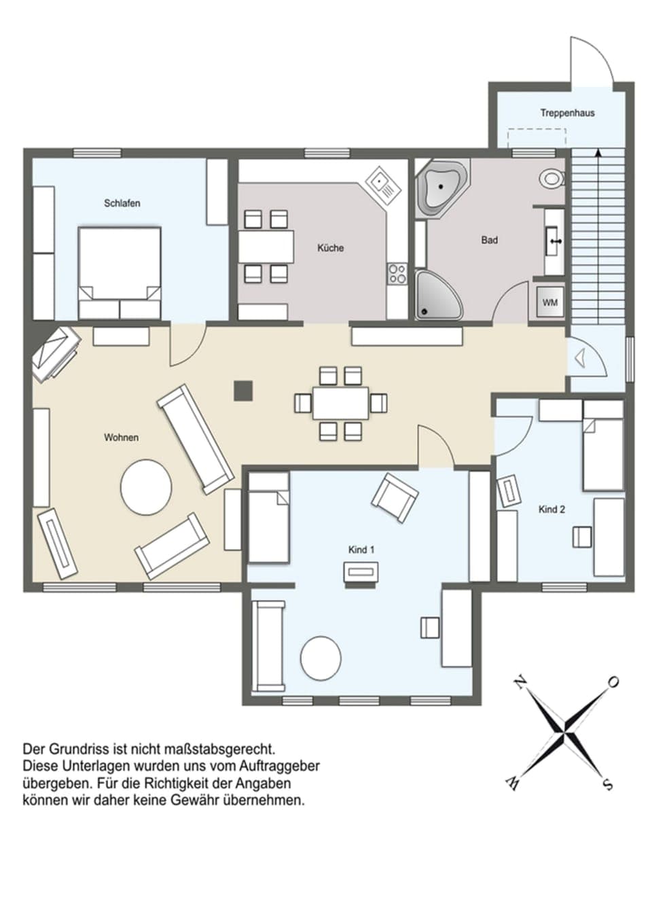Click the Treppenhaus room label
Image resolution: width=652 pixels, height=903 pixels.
click(x=567, y=113)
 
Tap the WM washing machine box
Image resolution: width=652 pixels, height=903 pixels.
click(x=549, y=302)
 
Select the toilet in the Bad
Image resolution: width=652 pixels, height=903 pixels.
click(x=551, y=179)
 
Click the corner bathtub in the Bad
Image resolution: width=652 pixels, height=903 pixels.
click(x=442, y=187)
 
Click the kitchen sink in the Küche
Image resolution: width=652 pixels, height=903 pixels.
click(x=381, y=183)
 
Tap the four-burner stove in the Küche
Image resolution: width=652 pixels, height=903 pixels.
click(x=397, y=274)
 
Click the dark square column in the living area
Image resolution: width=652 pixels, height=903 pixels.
click(x=243, y=390)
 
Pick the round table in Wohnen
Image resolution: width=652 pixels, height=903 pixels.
click(x=146, y=487)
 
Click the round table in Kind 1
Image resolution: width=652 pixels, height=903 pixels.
click(x=321, y=657)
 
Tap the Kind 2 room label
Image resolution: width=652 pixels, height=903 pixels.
click(x=551, y=509)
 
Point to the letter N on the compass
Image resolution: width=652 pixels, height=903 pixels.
click(x=521, y=683)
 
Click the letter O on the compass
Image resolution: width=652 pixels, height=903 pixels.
click(x=612, y=682)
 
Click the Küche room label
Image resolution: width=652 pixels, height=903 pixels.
click(x=330, y=248)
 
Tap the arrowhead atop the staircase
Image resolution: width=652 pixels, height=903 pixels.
click(x=598, y=153)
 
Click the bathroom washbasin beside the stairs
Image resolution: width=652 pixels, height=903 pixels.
click(x=554, y=240)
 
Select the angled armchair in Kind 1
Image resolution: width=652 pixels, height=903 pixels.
click(x=394, y=497)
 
